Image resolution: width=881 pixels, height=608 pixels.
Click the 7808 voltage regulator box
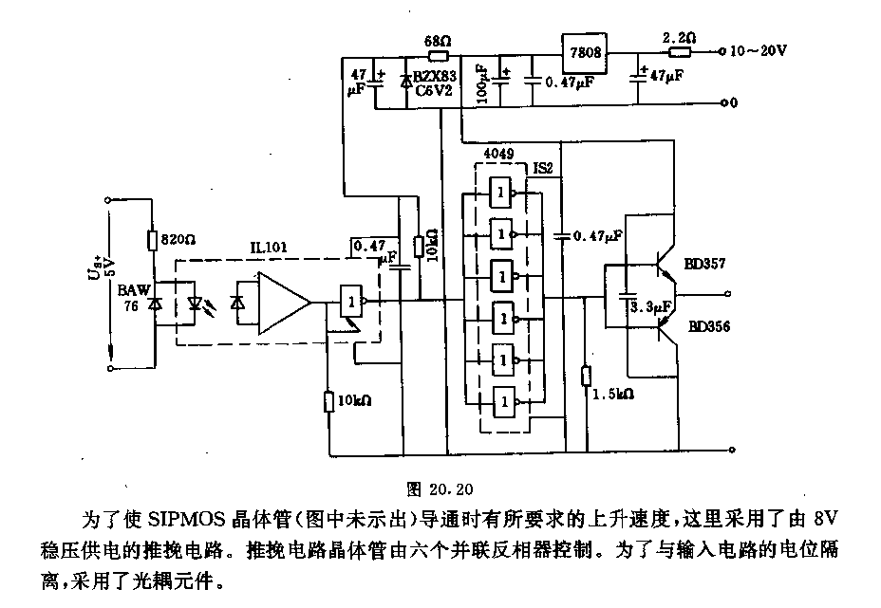point(585,53)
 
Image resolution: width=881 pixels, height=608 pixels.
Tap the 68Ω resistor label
point(438,41)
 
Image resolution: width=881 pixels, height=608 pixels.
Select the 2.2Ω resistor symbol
point(680,53)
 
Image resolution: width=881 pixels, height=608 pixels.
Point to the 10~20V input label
point(758,50)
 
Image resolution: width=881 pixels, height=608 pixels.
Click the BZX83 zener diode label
point(435,76)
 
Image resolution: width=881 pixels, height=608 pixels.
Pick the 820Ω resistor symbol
point(152,240)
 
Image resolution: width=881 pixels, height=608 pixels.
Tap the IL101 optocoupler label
point(268,247)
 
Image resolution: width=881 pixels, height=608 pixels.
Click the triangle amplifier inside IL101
point(284,304)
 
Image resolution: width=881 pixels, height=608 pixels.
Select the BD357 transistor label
point(704,263)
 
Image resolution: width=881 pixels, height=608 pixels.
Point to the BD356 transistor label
point(709,326)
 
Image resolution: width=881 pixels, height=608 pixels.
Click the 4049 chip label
point(497,154)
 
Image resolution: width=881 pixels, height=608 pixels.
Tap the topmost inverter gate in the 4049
point(500,193)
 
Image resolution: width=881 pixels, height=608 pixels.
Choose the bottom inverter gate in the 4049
point(504,401)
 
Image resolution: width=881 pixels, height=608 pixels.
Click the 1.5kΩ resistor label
point(613,394)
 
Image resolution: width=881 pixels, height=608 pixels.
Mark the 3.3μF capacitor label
point(650,306)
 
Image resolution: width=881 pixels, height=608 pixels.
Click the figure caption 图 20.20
point(440,489)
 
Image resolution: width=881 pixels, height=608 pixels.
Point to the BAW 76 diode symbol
point(155,304)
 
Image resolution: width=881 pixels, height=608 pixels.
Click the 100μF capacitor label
point(482,83)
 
